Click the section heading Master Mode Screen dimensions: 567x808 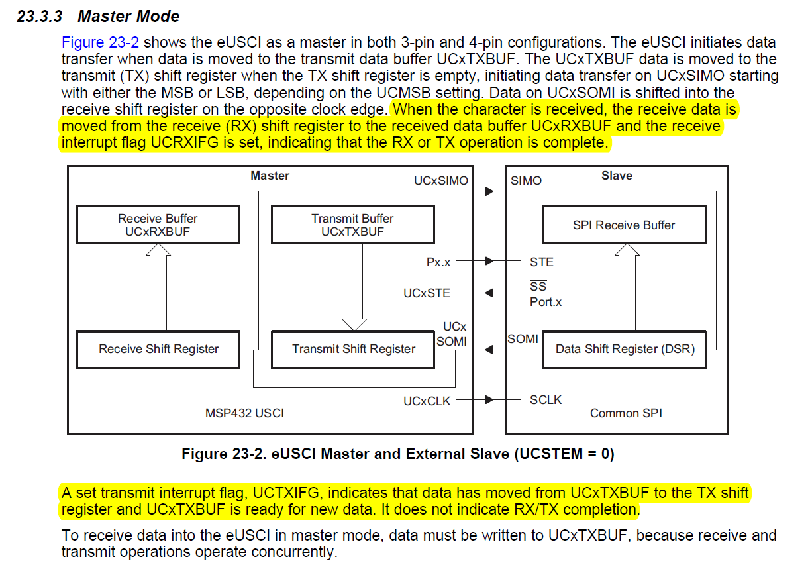[128, 16]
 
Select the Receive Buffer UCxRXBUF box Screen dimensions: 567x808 [158, 225]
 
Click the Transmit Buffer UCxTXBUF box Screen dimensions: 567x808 [352, 225]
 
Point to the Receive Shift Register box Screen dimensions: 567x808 [158, 349]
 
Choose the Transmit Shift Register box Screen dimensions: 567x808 [354, 349]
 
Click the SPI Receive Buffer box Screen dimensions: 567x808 [623, 225]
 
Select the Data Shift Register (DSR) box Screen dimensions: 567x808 [625, 349]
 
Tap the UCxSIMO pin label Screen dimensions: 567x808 [441, 180]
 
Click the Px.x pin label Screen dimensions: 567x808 [438, 262]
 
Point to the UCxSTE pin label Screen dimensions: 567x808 [427, 293]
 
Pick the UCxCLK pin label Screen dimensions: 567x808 [427, 401]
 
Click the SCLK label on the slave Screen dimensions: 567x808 [546, 400]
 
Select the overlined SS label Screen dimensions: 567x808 [538, 287]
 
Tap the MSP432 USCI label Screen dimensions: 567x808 [244, 413]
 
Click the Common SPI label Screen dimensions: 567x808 [626, 413]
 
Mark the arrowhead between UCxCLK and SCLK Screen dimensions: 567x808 [489, 400]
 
